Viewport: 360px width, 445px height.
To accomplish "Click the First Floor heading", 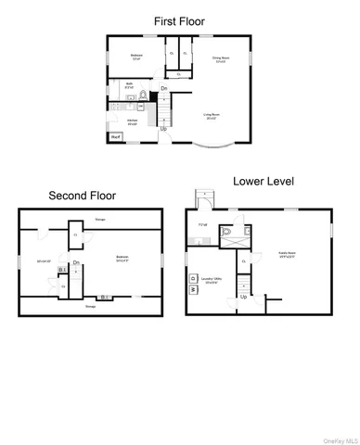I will pos(179,19).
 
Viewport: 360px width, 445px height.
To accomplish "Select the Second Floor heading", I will pos(82,196).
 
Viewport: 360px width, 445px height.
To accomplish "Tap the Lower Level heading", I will pos(263,182).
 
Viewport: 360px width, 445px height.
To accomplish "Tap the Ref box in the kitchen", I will pos(116,138).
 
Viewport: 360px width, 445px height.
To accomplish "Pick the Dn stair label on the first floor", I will pos(164,89).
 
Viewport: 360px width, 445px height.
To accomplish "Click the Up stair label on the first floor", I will pos(164,129).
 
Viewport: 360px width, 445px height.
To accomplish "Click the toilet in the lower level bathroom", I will pos(225,232).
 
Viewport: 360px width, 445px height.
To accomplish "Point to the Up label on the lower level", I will pos(244,297).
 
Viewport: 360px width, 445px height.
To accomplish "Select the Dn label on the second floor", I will pos(78,263).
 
